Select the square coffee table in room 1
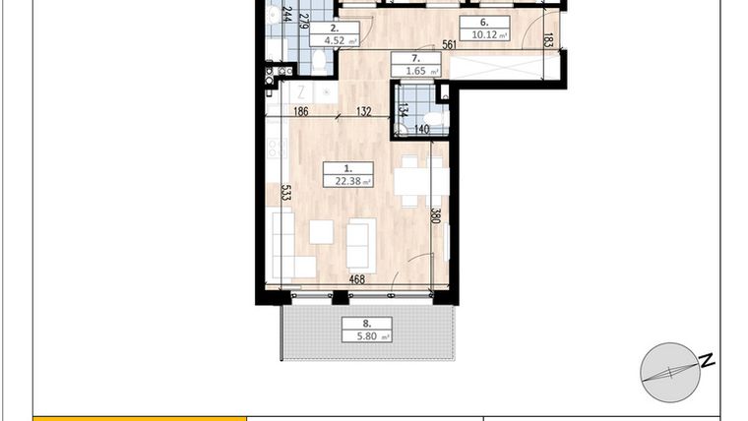(x=321, y=232)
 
